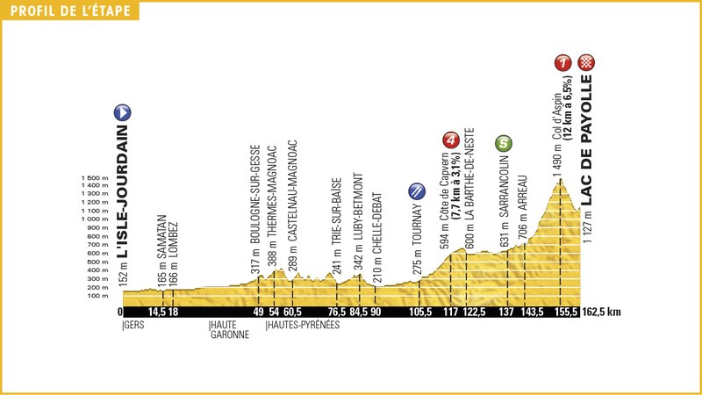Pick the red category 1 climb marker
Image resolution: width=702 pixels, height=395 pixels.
pos(562,62)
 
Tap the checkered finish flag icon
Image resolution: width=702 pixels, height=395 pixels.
pos(586,62)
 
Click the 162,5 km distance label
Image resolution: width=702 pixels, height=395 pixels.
pos(602,312)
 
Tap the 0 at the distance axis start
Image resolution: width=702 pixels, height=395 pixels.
pos(120,312)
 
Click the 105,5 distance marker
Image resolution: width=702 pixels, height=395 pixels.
pos(421,312)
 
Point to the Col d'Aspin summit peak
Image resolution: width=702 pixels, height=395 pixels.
pos(559,181)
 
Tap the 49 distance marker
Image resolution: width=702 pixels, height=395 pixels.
pos(258,312)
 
